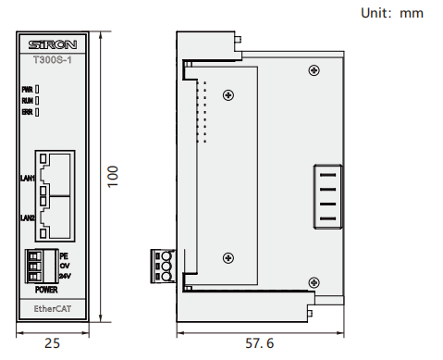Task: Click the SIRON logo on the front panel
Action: (53, 45)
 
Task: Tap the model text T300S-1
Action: (53, 59)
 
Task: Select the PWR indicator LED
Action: (37, 89)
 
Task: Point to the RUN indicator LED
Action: (37, 101)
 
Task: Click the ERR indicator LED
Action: (37, 112)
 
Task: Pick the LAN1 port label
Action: (28, 178)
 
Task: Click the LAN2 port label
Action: (28, 217)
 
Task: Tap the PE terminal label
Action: (64, 256)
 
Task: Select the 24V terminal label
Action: (65, 276)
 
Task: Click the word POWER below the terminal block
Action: (46, 290)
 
